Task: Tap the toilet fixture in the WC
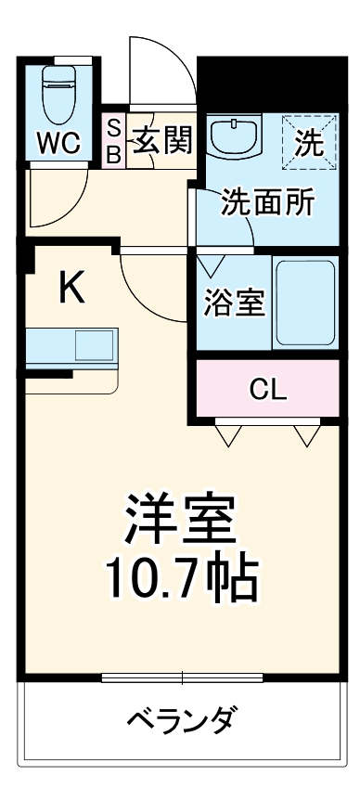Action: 58,93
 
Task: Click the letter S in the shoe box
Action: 113,127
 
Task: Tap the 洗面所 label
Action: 265,202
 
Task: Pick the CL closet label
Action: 268,388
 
